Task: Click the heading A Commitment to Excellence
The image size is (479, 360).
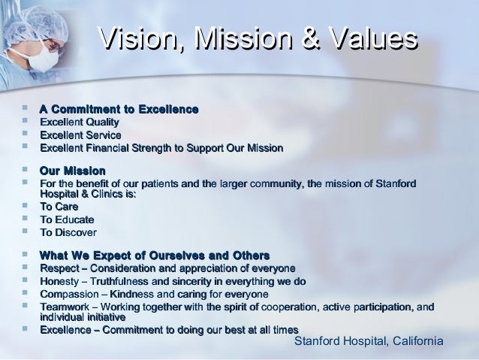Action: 119,110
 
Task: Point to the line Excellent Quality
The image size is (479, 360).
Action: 79,123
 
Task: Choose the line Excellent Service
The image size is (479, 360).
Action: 80,135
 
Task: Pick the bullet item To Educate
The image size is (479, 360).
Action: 67,219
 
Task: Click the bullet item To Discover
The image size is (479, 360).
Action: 68,232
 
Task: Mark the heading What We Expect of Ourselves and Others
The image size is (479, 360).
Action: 155,255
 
